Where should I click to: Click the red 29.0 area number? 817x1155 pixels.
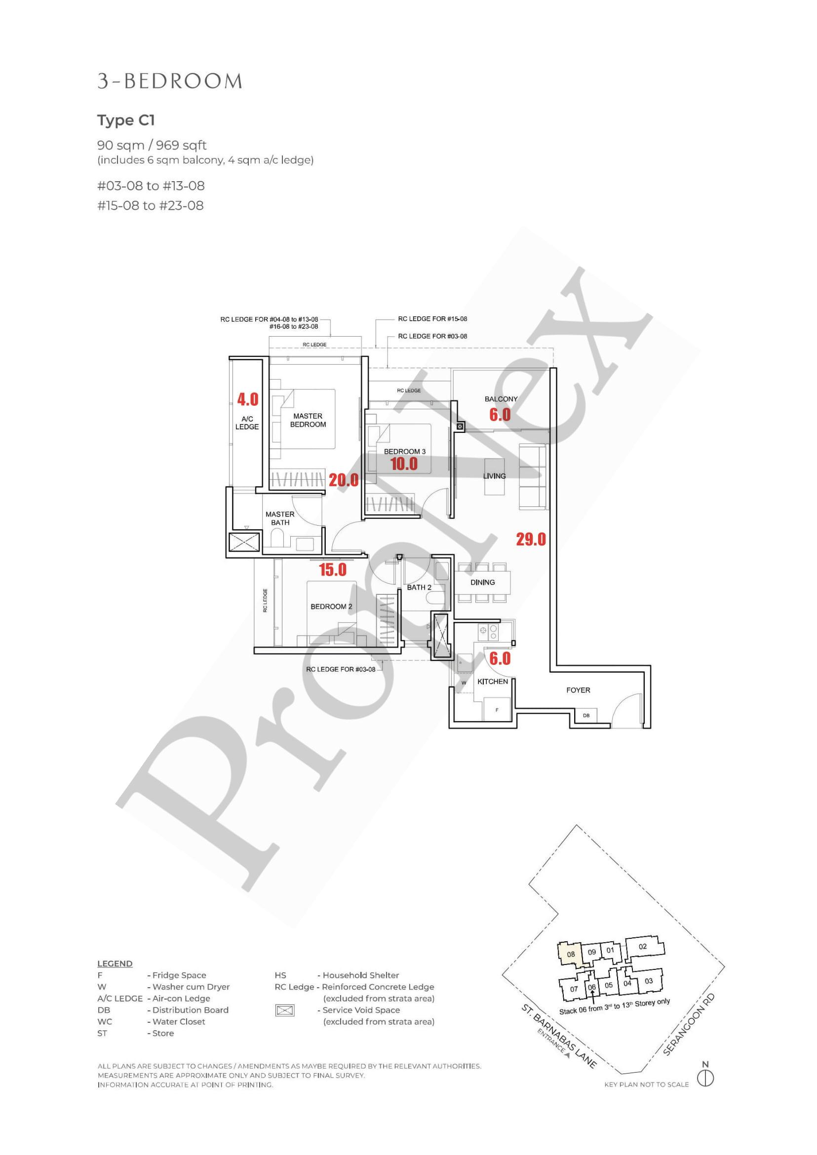click(531, 540)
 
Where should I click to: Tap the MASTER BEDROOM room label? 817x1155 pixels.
click(308, 420)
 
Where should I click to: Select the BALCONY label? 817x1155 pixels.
click(501, 399)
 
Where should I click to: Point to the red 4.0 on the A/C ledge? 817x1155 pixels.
click(248, 399)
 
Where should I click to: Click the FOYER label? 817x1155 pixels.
click(578, 690)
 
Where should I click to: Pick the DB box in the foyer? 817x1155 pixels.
click(586, 715)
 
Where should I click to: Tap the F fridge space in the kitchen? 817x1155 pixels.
click(497, 710)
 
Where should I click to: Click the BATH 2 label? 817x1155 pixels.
click(419, 587)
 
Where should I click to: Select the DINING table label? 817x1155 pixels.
click(482, 582)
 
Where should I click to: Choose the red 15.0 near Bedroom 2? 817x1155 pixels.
click(333, 570)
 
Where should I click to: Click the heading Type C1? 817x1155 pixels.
click(126, 121)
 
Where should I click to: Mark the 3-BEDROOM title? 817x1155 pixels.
click(170, 81)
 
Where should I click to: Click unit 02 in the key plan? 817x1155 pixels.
click(643, 946)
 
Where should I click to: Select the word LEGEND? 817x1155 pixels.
click(115, 964)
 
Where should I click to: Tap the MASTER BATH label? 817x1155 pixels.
click(280, 518)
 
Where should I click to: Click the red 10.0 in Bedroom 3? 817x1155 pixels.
click(404, 463)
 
